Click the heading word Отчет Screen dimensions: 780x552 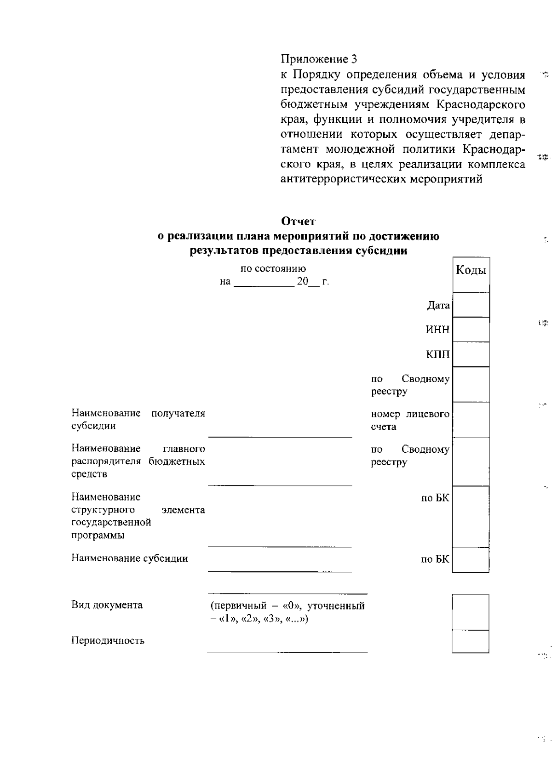coord(298,222)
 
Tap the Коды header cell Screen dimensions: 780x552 coord(471,270)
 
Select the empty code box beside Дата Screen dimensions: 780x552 coord(471,305)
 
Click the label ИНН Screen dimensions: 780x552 coord(437,330)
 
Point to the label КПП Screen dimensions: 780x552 coord(438,355)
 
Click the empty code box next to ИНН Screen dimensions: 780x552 coord(471,330)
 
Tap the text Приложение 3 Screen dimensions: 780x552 coord(319,59)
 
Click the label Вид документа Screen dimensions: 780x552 coord(107,605)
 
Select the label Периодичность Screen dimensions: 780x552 coord(108,641)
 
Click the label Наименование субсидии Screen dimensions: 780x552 coord(130,558)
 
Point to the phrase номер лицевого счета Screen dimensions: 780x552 coord(410,420)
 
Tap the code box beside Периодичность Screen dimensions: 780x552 coord(470,641)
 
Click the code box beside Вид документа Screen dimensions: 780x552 coord(470,612)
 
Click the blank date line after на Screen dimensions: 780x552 coord(264,282)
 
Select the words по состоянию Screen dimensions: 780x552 coord(273,268)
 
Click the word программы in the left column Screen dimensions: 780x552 coord(98,535)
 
